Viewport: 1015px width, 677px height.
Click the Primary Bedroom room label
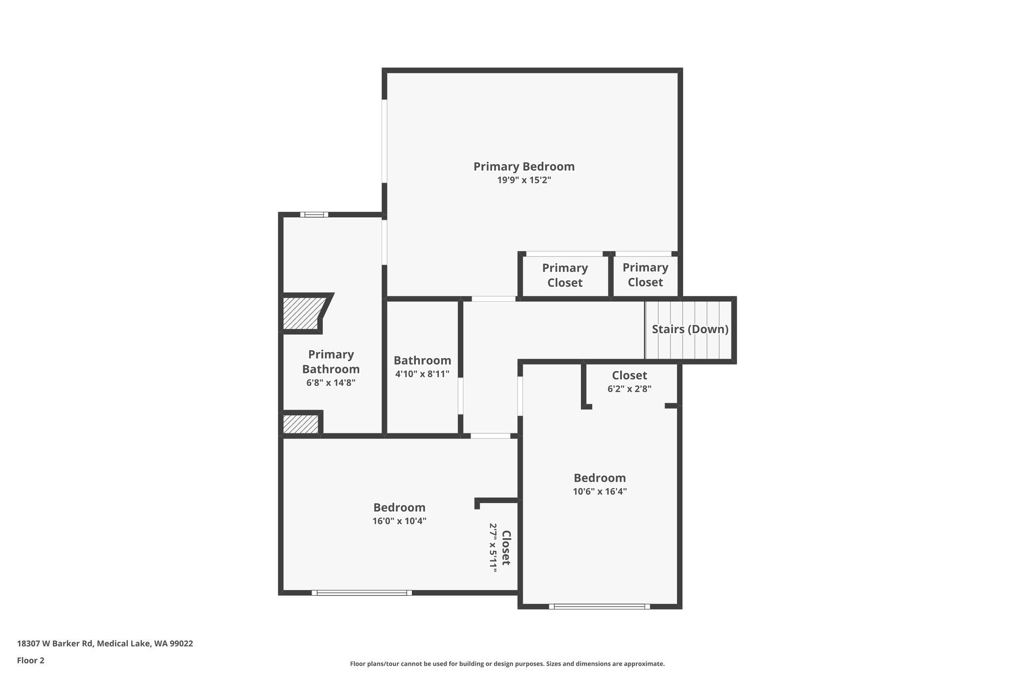tap(524, 167)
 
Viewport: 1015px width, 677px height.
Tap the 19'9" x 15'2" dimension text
tap(524, 180)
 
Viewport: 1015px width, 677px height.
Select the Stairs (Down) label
tap(690, 329)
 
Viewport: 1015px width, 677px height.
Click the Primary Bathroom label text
tap(331, 362)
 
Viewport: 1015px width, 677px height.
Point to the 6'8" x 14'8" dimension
tap(331, 382)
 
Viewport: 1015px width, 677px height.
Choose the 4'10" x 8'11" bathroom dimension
tap(422, 374)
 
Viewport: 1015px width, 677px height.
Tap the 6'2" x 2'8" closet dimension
tap(629, 389)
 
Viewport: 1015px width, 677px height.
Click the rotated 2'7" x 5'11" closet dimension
tap(493, 548)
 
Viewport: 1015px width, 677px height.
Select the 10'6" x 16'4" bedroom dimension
tap(600, 492)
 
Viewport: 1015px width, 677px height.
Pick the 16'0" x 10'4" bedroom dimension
tap(399, 521)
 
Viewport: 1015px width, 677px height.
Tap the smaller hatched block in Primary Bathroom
tap(300, 424)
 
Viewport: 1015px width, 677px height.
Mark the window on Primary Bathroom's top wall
tap(314, 215)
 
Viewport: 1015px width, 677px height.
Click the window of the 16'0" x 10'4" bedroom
tap(362, 593)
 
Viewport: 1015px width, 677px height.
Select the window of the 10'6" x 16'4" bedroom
tap(599, 607)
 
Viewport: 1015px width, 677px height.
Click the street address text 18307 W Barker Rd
tap(55, 644)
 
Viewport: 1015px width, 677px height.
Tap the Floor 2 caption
tap(31, 661)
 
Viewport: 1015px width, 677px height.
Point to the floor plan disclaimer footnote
tap(507, 664)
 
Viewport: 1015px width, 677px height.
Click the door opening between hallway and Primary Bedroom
tap(494, 299)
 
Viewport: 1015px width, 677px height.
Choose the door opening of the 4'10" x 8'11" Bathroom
tap(460, 396)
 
